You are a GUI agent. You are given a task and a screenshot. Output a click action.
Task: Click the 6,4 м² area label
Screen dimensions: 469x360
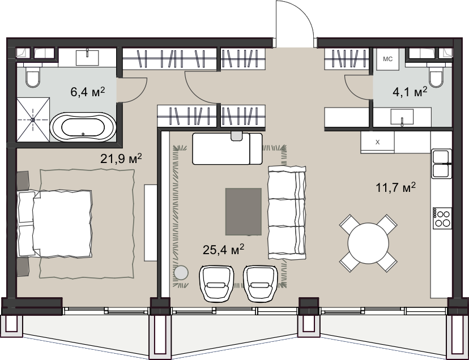[88, 92]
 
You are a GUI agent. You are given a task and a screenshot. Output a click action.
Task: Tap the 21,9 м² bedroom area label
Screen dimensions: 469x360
[121, 158]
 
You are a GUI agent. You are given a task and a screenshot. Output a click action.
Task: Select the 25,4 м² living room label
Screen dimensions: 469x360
[223, 250]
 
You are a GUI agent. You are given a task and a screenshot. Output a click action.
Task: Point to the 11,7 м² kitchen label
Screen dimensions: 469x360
[396, 187]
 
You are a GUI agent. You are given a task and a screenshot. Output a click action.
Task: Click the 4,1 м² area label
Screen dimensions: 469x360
[410, 92]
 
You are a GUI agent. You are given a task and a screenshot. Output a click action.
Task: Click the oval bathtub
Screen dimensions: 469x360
[83, 127]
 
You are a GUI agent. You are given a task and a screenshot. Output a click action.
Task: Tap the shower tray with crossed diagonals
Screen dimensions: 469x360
[33, 119]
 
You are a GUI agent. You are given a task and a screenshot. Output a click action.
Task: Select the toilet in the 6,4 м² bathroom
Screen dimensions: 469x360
[33, 76]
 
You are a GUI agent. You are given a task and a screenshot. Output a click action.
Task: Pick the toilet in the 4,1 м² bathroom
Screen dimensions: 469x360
[436, 76]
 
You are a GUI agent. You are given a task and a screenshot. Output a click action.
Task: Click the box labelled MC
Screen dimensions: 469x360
[387, 59]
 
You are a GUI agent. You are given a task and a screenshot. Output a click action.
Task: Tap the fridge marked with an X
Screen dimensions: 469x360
[377, 142]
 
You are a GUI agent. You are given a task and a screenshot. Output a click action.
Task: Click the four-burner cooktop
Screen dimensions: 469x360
[442, 218]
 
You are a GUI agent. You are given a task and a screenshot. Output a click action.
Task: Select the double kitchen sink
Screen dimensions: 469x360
[441, 164]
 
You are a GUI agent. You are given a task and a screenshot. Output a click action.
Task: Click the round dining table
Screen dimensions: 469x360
[368, 243]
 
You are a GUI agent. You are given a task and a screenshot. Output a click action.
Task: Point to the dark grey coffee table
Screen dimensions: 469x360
[244, 212]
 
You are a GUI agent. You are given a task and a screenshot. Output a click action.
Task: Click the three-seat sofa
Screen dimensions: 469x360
[287, 213]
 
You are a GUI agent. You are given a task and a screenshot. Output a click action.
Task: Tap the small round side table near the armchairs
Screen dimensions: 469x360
[181, 273]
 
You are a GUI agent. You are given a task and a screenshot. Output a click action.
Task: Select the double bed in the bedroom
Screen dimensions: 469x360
[55, 224]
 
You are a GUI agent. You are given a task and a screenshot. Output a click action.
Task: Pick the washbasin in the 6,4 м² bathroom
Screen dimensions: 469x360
[87, 57]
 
